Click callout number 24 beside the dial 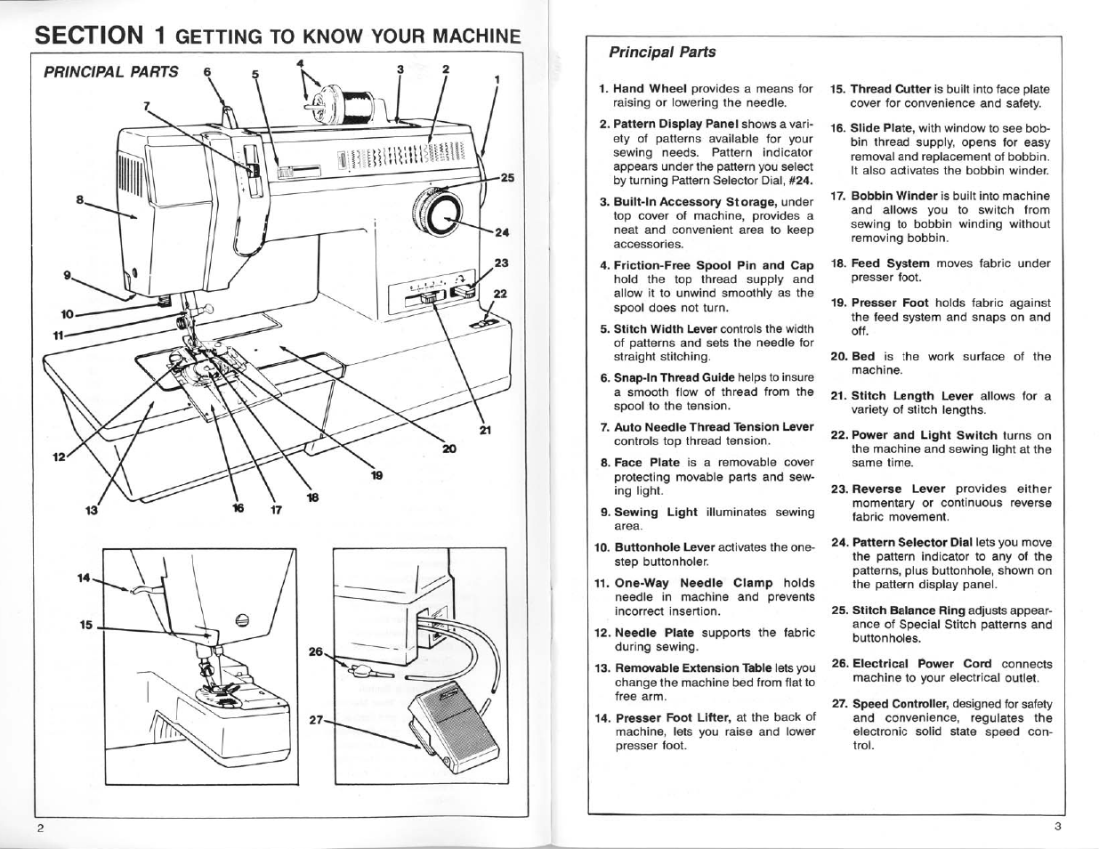tap(501, 233)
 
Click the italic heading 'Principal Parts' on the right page tap(662, 52)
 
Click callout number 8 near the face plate tap(81, 200)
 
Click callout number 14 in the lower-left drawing tap(85, 578)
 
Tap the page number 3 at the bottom tap(1058, 826)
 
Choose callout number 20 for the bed tap(448, 449)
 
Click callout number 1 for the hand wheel tap(497, 79)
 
